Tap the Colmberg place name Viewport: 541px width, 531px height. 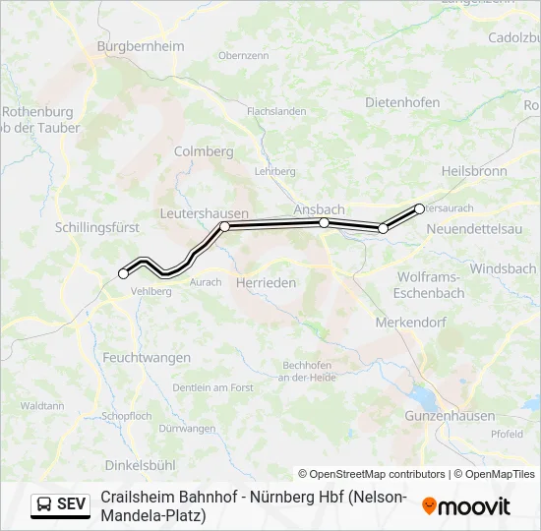tap(204, 151)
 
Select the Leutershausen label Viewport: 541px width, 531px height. tap(204, 213)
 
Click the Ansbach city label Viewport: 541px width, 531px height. tap(319, 209)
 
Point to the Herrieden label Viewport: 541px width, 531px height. tap(266, 282)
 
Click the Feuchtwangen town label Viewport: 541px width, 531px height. tap(145, 358)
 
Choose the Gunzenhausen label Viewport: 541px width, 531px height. tap(450, 416)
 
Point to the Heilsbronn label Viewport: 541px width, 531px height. tap(474, 171)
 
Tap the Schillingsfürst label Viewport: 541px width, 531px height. tap(97, 227)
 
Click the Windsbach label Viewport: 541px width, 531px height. tap(503, 268)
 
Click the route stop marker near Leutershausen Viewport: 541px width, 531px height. tap(225, 226)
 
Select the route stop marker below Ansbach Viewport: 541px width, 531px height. tap(324, 223)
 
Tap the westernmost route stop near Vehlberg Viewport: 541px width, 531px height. tap(123, 273)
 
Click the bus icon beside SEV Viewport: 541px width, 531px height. tap(44, 504)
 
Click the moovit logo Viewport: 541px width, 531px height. tap(466, 506)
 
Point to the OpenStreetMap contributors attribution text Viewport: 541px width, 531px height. tap(371, 474)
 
